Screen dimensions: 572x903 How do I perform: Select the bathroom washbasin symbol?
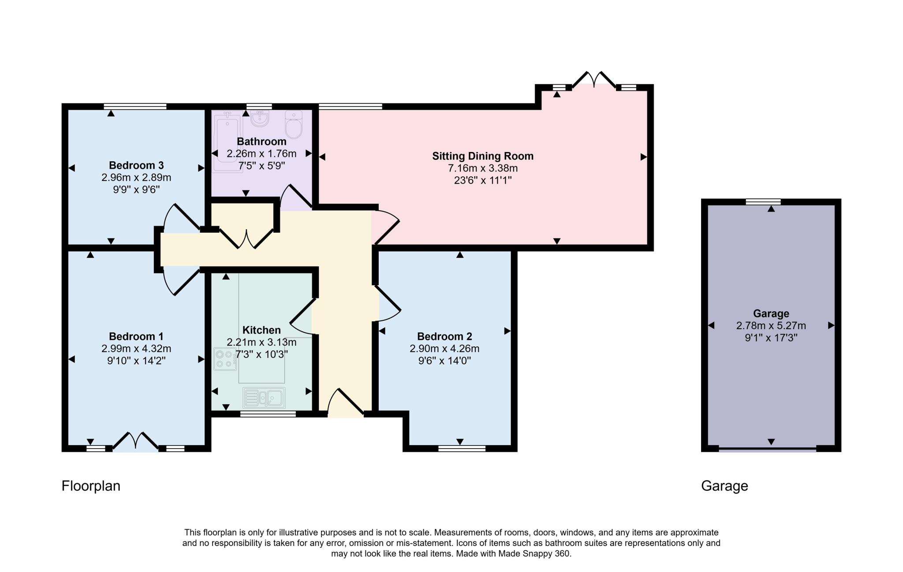[260, 119]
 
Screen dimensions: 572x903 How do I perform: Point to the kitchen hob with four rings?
[225, 359]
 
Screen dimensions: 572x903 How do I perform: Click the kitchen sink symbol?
[264, 398]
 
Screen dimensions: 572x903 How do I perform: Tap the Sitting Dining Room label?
[482, 156]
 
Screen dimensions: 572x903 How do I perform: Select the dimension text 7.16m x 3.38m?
[482, 168]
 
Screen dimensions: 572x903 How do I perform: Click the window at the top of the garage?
[763, 202]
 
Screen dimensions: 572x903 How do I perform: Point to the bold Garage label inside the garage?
[771, 313]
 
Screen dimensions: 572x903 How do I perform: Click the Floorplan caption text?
[91, 486]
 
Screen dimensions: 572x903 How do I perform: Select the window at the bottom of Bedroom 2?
[462, 449]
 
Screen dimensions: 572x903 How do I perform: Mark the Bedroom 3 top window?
[135, 106]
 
